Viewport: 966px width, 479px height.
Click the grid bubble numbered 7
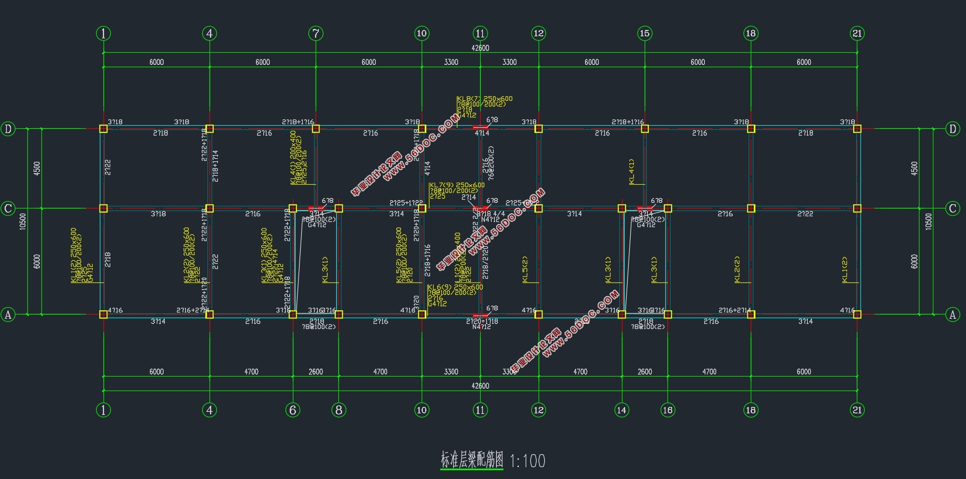click(316, 34)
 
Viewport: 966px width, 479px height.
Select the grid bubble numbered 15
click(645, 34)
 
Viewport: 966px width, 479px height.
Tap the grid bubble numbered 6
click(293, 410)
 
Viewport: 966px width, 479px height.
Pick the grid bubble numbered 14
click(621, 410)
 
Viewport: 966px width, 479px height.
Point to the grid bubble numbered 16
click(667, 410)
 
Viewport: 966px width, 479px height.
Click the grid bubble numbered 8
click(339, 410)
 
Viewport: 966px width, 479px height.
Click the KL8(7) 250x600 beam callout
click(484, 99)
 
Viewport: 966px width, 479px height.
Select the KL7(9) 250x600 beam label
click(457, 185)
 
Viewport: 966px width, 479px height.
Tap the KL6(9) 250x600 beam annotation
click(455, 287)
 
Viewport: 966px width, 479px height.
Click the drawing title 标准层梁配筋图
click(472, 460)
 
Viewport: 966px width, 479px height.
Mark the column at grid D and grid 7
click(316, 128)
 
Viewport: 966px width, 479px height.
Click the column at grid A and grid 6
click(293, 314)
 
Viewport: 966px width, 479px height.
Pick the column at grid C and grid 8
click(339, 208)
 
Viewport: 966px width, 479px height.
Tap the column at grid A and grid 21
click(857, 314)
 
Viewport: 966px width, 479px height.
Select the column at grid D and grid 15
click(645, 128)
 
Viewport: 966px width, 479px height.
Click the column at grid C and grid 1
click(103, 208)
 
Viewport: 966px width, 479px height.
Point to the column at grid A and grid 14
click(621, 314)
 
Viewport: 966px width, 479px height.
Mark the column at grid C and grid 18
click(751, 208)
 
